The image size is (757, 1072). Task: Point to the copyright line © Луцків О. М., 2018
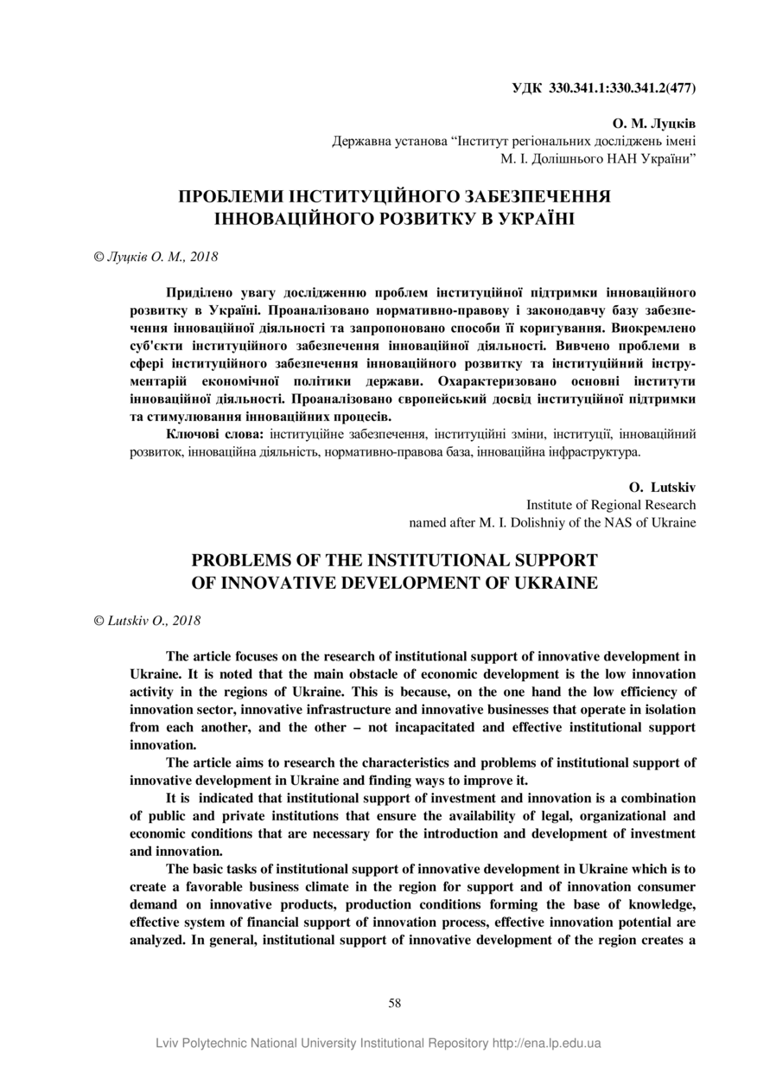[156, 257]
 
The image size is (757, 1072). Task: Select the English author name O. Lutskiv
[663, 488]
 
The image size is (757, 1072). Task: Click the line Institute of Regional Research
[611, 505]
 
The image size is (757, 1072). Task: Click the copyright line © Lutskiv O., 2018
[147, 620]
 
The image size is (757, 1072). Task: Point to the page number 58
[395, 1003]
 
